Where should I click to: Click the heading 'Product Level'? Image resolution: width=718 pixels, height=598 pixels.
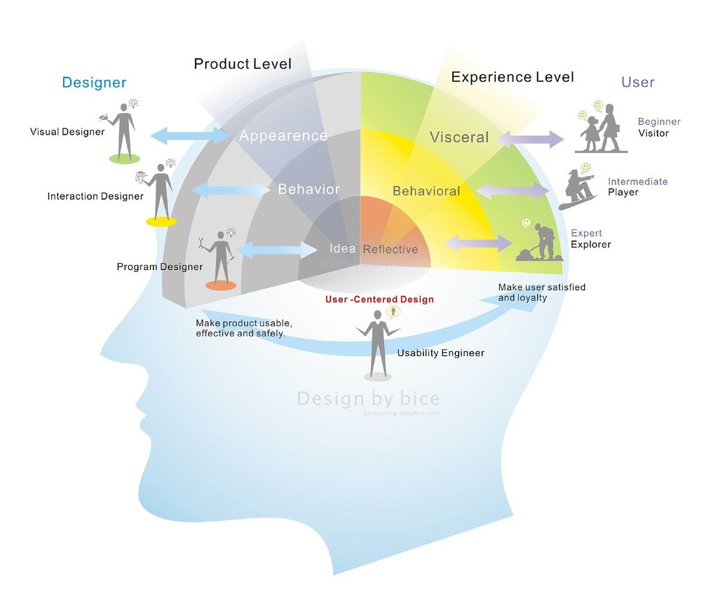(243, 64)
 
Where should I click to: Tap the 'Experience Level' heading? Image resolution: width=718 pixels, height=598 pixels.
(512, 77)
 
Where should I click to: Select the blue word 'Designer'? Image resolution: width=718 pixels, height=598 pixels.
(94, 83)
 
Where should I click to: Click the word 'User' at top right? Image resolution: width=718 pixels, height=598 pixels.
(637, 82)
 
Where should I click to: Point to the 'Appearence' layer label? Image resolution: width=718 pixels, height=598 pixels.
(283, 135)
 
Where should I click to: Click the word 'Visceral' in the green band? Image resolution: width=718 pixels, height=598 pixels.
(459, 137)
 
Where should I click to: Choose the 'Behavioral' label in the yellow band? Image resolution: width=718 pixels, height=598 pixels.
(426, 191)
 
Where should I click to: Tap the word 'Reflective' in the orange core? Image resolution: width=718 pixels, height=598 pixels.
(390, 249)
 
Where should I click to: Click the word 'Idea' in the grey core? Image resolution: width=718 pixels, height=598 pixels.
(343, 248)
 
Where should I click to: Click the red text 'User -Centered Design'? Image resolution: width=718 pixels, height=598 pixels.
(379, 299)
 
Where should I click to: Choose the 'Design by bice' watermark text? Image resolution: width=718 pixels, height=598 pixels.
(368, 399)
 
